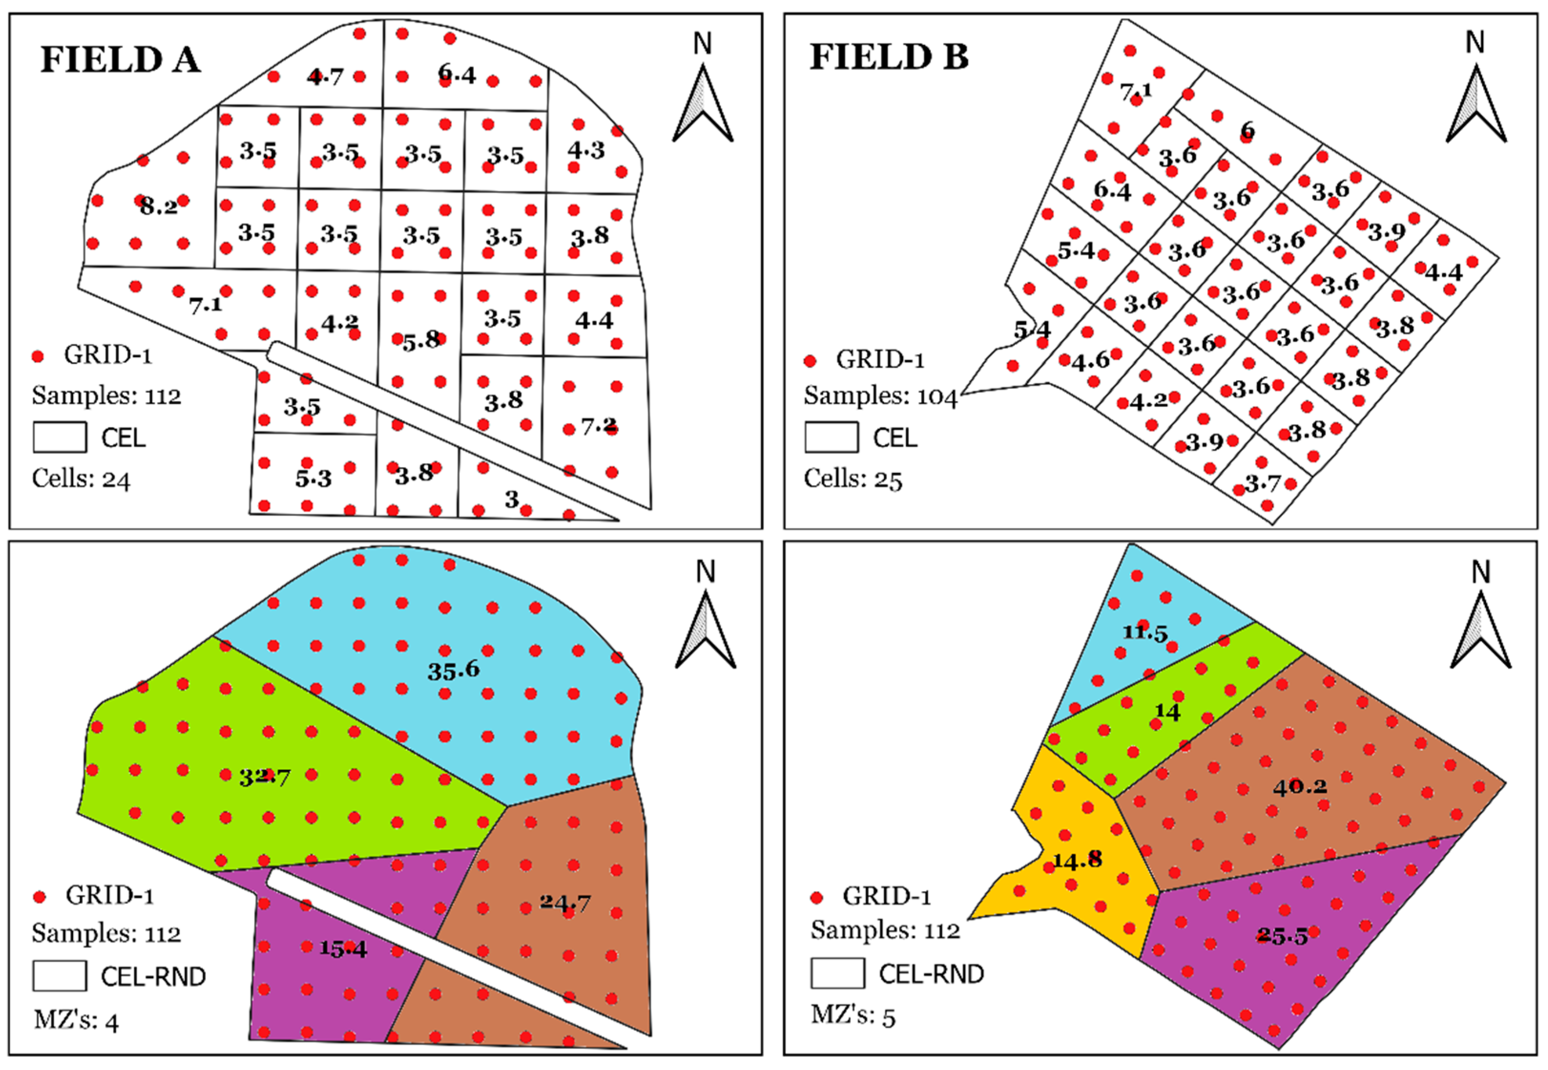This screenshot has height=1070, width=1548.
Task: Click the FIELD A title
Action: [121, 60]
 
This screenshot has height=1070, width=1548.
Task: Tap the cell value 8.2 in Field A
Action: [159, 206]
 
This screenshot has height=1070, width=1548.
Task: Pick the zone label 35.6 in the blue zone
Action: [454, 669]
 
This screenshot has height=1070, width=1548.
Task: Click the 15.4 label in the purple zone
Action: [342, 948]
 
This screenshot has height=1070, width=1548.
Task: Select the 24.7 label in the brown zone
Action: [566, 903]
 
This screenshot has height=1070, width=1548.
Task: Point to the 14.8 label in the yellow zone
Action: [1078, 860]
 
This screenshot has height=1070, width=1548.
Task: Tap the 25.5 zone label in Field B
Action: [1282, 936]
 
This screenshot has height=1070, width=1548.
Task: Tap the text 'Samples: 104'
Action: [880, 396]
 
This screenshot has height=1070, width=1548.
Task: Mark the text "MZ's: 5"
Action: [852, 1016]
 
